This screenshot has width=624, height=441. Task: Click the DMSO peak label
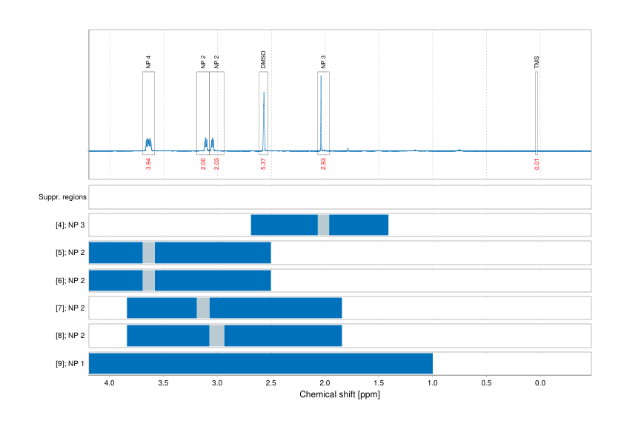(x=263, y=61)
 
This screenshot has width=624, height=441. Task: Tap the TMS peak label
(x=537, y=62)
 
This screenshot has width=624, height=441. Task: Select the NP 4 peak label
(x=148, y=62)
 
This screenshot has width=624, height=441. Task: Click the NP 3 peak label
(x=323, y=62)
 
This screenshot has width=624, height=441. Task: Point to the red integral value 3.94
(x=148, y=164)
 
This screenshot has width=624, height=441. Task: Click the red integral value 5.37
(x=263, y=164)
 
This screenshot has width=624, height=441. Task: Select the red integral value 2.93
(x=323, y=164)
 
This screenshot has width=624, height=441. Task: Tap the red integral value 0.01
(x=537, y=164)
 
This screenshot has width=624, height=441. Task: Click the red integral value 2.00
(x=203, y=164)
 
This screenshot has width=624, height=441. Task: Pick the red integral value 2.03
(x=216, y=164)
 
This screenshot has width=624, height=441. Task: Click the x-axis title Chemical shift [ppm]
(x=339, y=394)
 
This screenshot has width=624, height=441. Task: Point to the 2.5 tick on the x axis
(x=271, y=382)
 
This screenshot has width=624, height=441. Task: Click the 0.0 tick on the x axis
(x=540, y=382)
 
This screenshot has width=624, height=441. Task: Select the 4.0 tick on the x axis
(x=110, y=382)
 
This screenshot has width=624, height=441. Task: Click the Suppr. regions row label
(x=62, y=197)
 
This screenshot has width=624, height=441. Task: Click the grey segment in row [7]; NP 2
(x=203, y=308)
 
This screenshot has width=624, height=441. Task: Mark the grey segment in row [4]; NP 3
(x=323, y=225)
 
